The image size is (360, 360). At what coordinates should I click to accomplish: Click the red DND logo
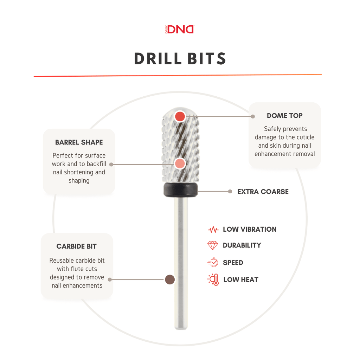(180, 30)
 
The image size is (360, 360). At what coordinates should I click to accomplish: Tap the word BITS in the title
(207, 59)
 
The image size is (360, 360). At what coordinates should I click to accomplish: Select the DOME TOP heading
(284, 115)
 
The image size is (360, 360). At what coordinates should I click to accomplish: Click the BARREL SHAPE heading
(79, 142)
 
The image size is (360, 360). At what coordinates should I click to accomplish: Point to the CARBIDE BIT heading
(76, 246)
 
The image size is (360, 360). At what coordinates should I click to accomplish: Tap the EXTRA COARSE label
(263, 192)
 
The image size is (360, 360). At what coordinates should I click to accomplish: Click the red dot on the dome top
(180, 116)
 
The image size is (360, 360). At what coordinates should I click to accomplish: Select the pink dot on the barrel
(180, 164)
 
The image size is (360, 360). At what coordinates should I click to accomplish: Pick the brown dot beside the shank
(170, 279)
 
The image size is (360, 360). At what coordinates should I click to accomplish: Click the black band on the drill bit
(180, 189)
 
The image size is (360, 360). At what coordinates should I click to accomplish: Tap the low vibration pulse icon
(213, 229)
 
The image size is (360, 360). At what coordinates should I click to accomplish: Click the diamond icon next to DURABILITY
(213, 245)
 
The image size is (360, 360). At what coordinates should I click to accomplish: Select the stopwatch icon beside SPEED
(213, 262)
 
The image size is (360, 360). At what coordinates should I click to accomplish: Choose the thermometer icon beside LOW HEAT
(213, 279)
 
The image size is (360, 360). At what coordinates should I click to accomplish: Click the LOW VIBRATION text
(250, 229)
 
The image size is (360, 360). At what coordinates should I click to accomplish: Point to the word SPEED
(233, 263)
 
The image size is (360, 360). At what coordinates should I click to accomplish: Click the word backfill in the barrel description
(96, 164)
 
